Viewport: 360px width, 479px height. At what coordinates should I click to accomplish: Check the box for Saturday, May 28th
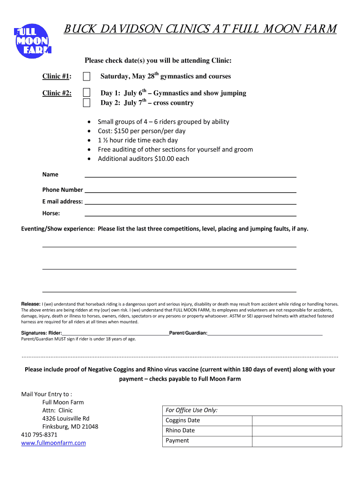pos(86,76)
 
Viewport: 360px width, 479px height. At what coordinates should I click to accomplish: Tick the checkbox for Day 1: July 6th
pos(86,93)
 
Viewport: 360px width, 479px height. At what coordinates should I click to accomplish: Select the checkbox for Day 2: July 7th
pos(86,102)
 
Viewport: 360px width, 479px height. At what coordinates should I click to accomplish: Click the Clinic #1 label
pos(57,76)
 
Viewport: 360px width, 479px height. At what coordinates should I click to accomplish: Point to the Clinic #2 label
pos(57,93)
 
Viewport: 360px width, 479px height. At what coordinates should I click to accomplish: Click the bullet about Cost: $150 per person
pos(141,131)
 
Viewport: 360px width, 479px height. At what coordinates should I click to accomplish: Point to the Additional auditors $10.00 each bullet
pos(143,159)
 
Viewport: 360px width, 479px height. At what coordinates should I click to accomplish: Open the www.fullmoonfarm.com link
pos(53,443)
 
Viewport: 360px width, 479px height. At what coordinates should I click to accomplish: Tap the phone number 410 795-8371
pos(39,435)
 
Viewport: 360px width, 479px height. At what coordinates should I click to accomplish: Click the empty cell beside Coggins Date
pos(297,420)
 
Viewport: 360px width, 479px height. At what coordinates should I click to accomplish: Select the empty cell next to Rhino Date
pos(297,430)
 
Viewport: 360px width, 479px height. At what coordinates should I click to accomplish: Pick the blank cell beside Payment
pos(297,441)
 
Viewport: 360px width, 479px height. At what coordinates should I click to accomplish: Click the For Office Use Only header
pos(192,410)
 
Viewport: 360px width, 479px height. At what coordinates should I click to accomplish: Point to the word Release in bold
pos(31,304)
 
